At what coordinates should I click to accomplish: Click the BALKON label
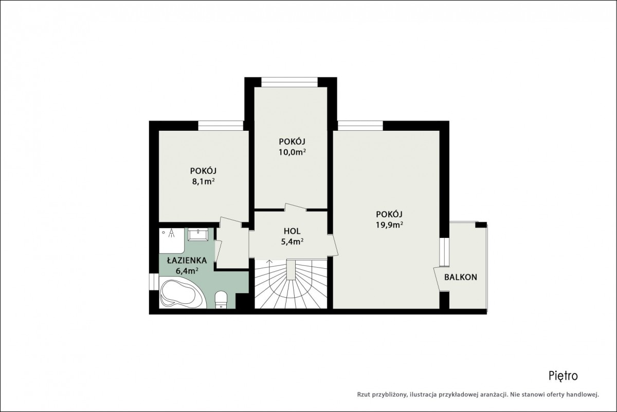click(x=461, y=278)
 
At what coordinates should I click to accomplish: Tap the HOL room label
click(x=292, y=231)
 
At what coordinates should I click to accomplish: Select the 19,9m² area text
click(x=390, y=225)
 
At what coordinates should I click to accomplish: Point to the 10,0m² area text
click(x=292, y=152)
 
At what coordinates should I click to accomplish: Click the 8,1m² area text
click(x=203, y=182)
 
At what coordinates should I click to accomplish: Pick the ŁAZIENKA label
click(x=187, y=260)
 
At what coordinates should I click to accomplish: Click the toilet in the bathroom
click(x=221, y=300)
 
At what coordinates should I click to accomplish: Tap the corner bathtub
click(x=182, y=293)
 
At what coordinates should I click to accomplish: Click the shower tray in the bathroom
click(x=172, y=241)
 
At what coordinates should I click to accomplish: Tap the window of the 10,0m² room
click(x=289, y=82)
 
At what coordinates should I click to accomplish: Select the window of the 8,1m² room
click(x=221, y=126)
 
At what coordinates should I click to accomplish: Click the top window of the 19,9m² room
click(x=360, y=126)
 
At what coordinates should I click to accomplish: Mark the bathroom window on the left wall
click(x=154, y=282)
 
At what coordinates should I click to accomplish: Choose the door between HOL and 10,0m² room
click(x=296, y=208)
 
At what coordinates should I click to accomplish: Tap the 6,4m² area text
click(x=187, y=271)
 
